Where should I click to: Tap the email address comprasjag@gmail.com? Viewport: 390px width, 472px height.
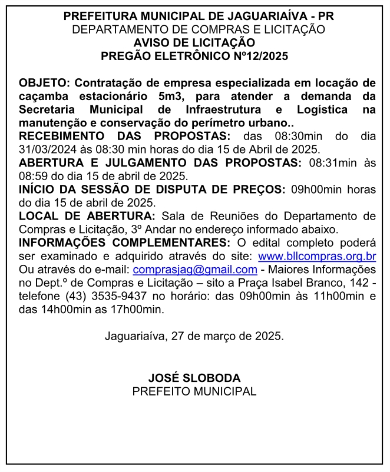(x=195, y=269)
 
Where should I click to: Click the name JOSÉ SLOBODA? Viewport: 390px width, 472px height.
(x=194, y=378)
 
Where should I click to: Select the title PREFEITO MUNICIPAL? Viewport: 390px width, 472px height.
(x=194, y=391)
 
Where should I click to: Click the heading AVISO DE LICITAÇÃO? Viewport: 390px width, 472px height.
(x=194, y=43)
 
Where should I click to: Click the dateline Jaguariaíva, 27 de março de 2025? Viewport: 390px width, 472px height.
(x=194, y=337)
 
